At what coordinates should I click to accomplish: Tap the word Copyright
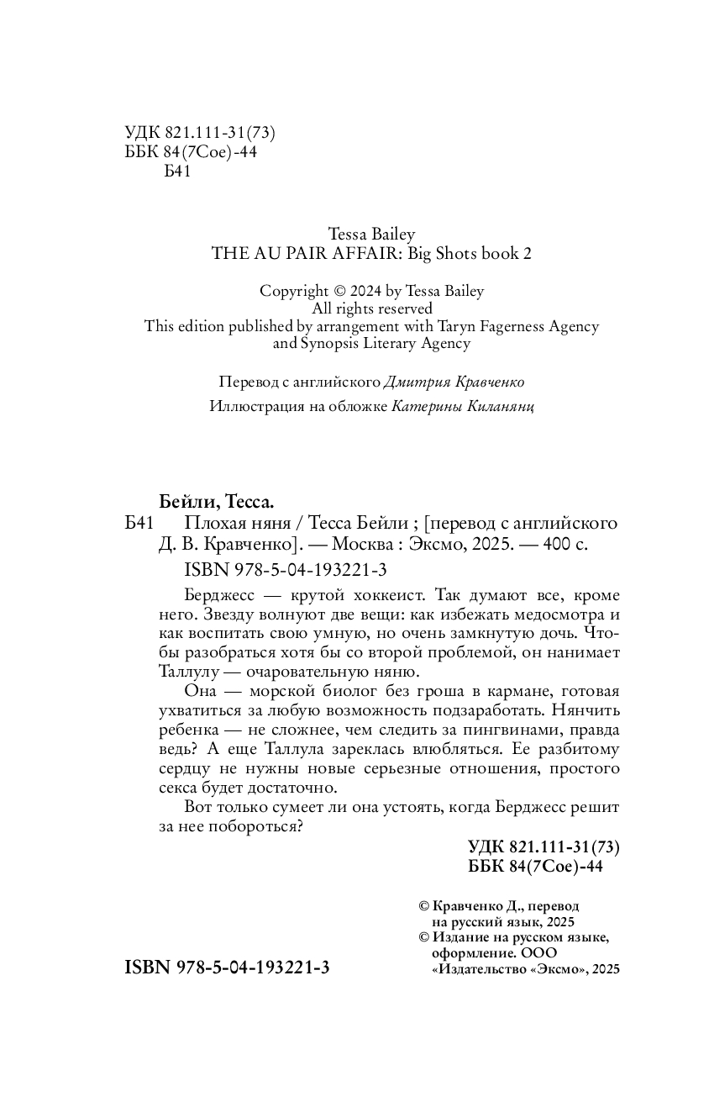(x=293, y=291)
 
